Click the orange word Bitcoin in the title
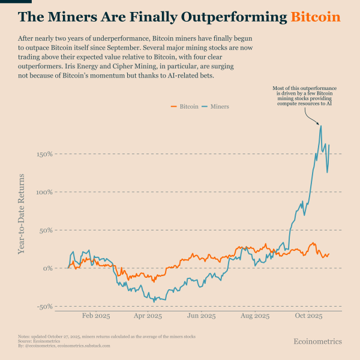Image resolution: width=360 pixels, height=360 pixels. [316, 16]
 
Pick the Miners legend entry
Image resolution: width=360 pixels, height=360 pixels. [215, 106]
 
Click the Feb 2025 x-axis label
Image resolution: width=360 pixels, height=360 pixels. [95, 316]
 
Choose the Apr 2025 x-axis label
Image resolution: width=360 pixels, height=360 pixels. [148, 316]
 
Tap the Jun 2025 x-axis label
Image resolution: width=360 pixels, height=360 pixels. [201, 316]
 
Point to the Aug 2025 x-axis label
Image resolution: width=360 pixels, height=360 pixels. [254, 316]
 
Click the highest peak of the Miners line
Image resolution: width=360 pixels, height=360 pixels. [321, 125]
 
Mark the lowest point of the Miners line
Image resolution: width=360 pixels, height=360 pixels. [154, 301]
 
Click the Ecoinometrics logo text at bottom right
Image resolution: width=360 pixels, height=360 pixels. [317, 341]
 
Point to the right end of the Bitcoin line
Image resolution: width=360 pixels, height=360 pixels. [329, 254]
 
